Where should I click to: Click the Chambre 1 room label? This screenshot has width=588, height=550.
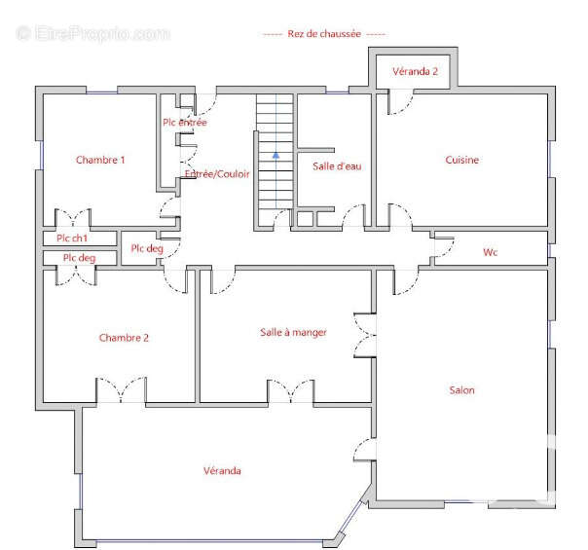(100, 160)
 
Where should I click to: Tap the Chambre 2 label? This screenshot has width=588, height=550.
(124, 338)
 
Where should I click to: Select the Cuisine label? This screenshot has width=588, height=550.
(462, 160)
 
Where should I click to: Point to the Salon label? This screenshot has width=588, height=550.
(462, 390)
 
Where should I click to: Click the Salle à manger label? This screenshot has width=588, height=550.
(293, 333)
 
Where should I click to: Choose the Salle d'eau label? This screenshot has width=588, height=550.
(337, 166)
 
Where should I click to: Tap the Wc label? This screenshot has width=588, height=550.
(490, 252)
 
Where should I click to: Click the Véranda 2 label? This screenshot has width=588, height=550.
(415, 71)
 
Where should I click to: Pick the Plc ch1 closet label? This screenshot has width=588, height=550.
(72, 238)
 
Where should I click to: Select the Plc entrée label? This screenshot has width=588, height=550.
(185, 123)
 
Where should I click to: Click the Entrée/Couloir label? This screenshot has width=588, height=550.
(217, 174)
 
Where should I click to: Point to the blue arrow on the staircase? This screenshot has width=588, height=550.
(276, 155)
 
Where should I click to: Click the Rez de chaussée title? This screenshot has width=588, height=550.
(324, 34)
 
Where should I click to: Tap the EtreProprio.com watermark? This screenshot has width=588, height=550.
(93, 33)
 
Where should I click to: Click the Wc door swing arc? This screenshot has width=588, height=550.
(444, 246)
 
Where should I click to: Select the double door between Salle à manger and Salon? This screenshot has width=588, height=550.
(364, 335)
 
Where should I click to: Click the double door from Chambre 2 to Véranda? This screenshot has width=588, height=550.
(121, 390)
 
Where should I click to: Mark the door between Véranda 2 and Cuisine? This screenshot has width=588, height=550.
(400, 101)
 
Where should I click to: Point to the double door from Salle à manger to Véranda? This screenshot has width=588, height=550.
(291, 391)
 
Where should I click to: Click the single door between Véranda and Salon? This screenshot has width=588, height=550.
(364, 449)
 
